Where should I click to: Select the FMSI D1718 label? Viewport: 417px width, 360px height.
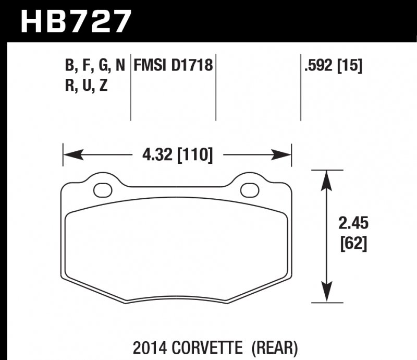click(173, 65)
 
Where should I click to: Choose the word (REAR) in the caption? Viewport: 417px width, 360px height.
click(276, 346)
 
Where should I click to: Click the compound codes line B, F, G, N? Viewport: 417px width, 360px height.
click(95, 65)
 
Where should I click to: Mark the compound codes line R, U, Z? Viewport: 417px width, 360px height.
click(86, 86)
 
